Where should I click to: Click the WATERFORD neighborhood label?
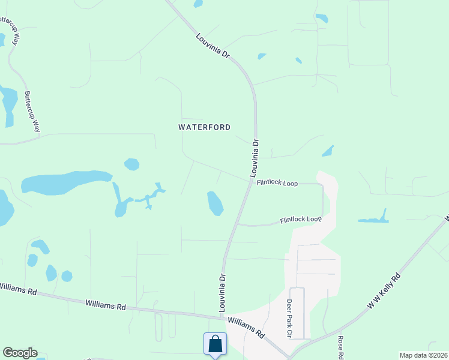tap(205, 127)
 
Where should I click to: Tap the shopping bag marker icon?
tap(215, 344)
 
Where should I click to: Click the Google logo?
tap(20, 353)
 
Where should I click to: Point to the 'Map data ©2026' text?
tap(423, 355)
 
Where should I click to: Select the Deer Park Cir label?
tap(289, 319)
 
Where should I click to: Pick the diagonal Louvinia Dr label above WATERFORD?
tap(213, 46)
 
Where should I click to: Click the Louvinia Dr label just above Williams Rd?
tap(222, 293)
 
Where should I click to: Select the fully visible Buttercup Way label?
tap(32, 112)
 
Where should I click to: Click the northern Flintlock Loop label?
tap(277, 183)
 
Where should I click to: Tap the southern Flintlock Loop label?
tap(300, 220)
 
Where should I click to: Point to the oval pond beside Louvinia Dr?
tap(215, 203)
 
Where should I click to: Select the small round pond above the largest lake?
tap(131, 164)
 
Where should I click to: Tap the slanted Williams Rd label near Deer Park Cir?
tap(246, 326)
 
